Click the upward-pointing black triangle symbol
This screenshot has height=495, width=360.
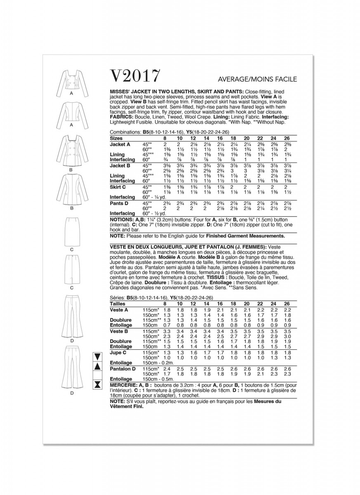98,366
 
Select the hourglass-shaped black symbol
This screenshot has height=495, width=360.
98,384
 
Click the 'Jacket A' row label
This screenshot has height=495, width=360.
120,144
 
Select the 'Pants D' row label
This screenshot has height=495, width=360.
120,203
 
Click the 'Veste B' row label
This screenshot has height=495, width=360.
119,331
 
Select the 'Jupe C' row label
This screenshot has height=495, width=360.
118,352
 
